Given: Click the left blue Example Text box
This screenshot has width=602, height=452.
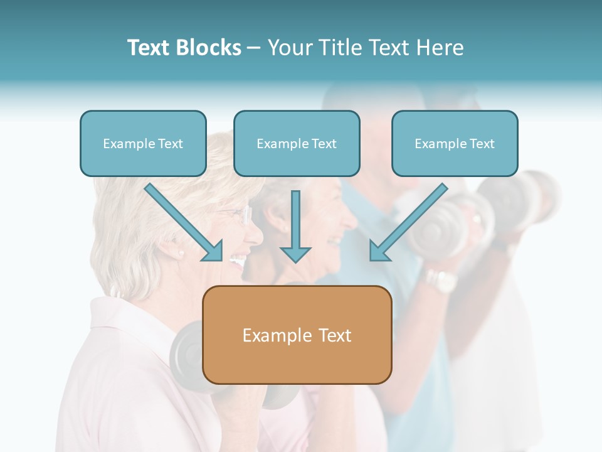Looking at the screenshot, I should tap(143, 143).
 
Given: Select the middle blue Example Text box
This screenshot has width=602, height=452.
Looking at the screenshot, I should tap(297, 143).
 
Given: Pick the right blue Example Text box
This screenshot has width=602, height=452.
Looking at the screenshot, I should tap(455, 143).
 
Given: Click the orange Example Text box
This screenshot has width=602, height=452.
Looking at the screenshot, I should tap(297, 335).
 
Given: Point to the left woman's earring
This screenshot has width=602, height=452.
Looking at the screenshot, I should tap(181, 253).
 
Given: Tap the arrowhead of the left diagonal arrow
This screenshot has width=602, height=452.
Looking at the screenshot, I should tap(213, 250).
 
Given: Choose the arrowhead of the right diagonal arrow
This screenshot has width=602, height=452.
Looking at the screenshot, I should tap(379, 250).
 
